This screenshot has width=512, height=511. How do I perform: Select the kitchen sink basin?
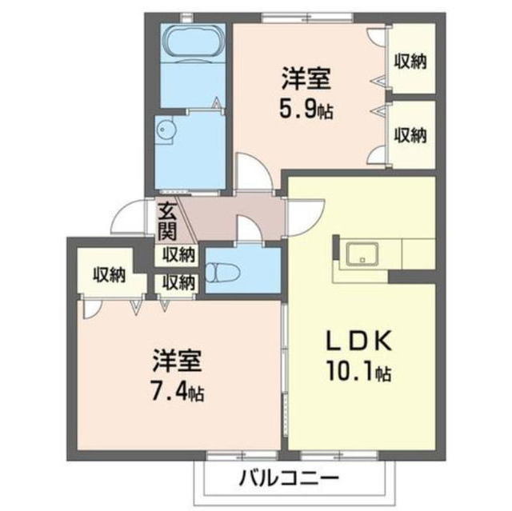(x=362, y=254)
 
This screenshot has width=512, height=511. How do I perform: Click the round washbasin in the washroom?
(x=166, y=130)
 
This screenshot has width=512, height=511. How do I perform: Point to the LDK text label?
(x=359, y=341)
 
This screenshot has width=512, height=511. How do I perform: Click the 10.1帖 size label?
(x=358, y=371)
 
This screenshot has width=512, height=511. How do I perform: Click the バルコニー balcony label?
(x=289, y=479)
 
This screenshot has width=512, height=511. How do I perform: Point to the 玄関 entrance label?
(x=167, y=222)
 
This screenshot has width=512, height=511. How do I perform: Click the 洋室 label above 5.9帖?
(x=306, y=78)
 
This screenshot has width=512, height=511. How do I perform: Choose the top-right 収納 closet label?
(x=410, y=61)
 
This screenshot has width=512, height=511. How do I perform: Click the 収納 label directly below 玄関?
(x=179, y=255)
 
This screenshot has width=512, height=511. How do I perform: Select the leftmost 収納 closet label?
(x=110, y=275)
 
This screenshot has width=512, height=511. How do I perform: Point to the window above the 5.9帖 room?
(x=307, y=18)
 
